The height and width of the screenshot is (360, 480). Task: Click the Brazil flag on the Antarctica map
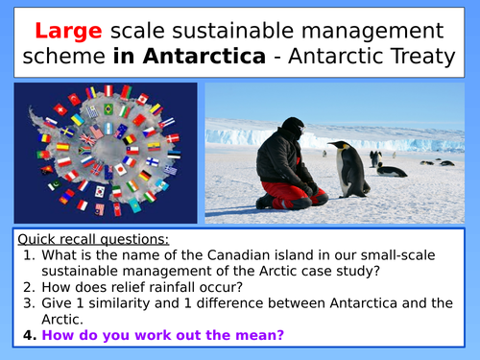pyautogui.click(x=108, y=108)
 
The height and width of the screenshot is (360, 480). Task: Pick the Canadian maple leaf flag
pyautogui.click(x=142, y=98)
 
